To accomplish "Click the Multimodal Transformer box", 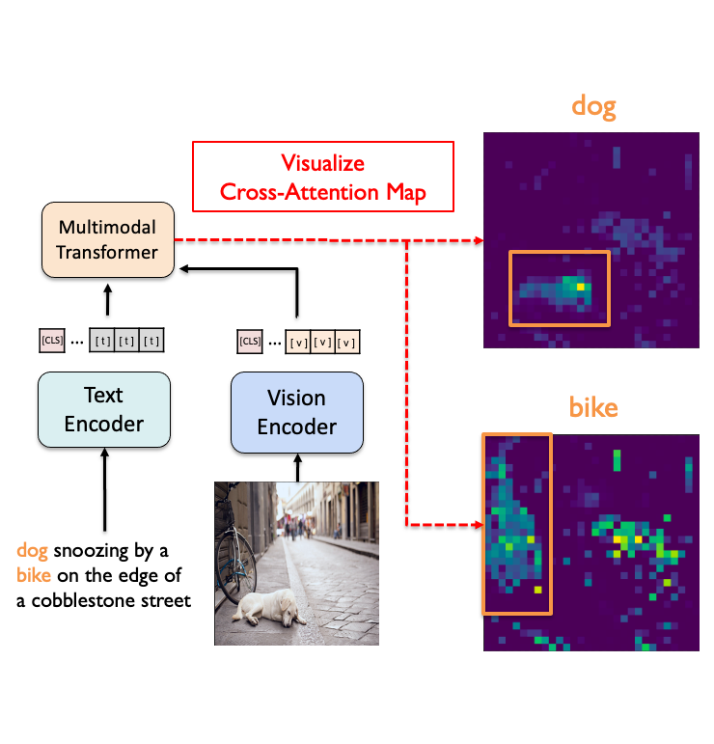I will click(107, 239).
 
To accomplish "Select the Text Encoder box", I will click(104, 410).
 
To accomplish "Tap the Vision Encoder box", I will click(297, 412).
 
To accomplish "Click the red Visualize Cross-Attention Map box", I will click(322, 178).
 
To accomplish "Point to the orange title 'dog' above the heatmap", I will click(593, 106).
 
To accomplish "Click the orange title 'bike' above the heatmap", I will click(592, 406).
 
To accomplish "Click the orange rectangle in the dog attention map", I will click(560, 288).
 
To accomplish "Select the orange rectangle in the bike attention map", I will click(516, 524).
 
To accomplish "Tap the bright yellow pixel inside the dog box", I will click(581, 287).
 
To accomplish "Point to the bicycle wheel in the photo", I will click(234, 565).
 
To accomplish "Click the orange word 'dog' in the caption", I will click(33, 551).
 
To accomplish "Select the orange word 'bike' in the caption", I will click(34, 576).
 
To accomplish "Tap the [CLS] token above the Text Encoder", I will click(51, 340).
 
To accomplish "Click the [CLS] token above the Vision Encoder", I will click(250, 341).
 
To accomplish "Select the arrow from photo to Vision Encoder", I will click(297, 466).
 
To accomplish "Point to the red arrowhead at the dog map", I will click(475, 240).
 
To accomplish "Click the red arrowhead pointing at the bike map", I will click(475, 525).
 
